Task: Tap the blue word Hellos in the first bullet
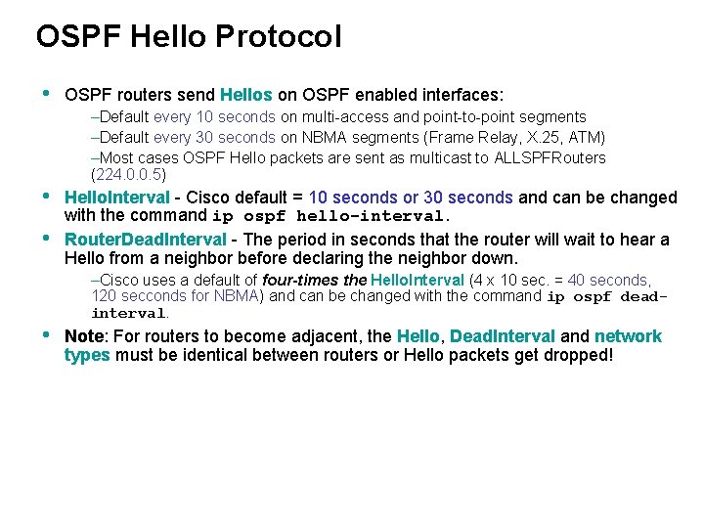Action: [246, 95]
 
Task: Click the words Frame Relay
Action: [458, 138]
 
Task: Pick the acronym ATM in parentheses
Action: [583, 138]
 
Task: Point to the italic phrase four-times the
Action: [314, 280]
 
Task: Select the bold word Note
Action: [84, 336]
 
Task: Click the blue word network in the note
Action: [628, 336]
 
